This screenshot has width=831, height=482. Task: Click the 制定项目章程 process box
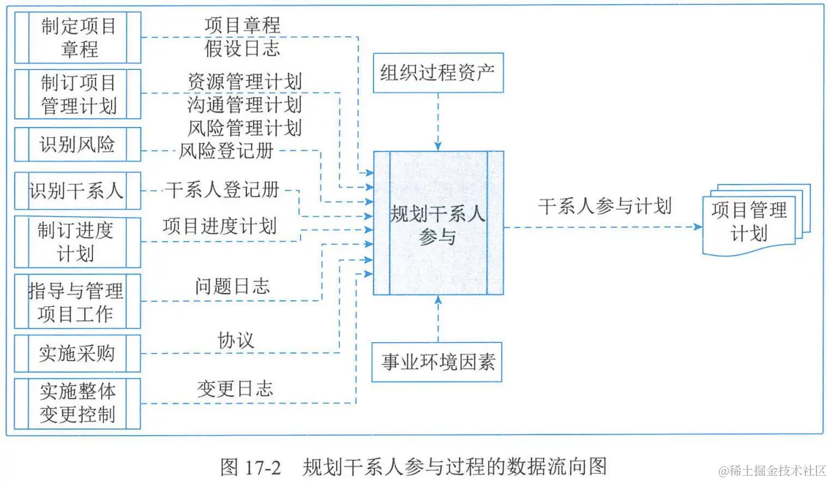pyautogui.click(x=78, y=38)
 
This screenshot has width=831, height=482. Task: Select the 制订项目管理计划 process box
pyautogui.click(x=78, y=94)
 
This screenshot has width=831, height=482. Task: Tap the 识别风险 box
pyautogui.click(x=78, y=144)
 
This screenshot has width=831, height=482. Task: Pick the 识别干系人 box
pyautogui.click(x=78, y=191)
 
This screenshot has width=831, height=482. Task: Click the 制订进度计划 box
pyautogui.click(x=78, y=242)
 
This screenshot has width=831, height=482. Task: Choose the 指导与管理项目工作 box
pyautogui.click(x=78, y=302)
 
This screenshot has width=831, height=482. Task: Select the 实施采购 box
pyautogui.click(x=78, y=354)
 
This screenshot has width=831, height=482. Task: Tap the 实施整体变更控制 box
pyautogui.click(x=78, y=403)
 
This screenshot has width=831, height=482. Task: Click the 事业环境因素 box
pyautogui.click(x=439, y=362)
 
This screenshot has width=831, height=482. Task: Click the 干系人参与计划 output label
pyautogui.click(x=605, y=206)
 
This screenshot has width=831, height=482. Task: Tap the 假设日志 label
pyautogui.click(x=242, y=48)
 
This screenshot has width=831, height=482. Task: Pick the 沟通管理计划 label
pyautogui.click(x=244, y=105)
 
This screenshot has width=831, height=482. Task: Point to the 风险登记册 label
pyautogui.click(x=226, y=151)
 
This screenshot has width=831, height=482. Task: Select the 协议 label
pyautogui.click(x=236, y=340)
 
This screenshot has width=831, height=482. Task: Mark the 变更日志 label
pyautogui.click(x=235, y=389)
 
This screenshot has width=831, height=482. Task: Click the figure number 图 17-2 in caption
pyautogui.click(x=251, y=466)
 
